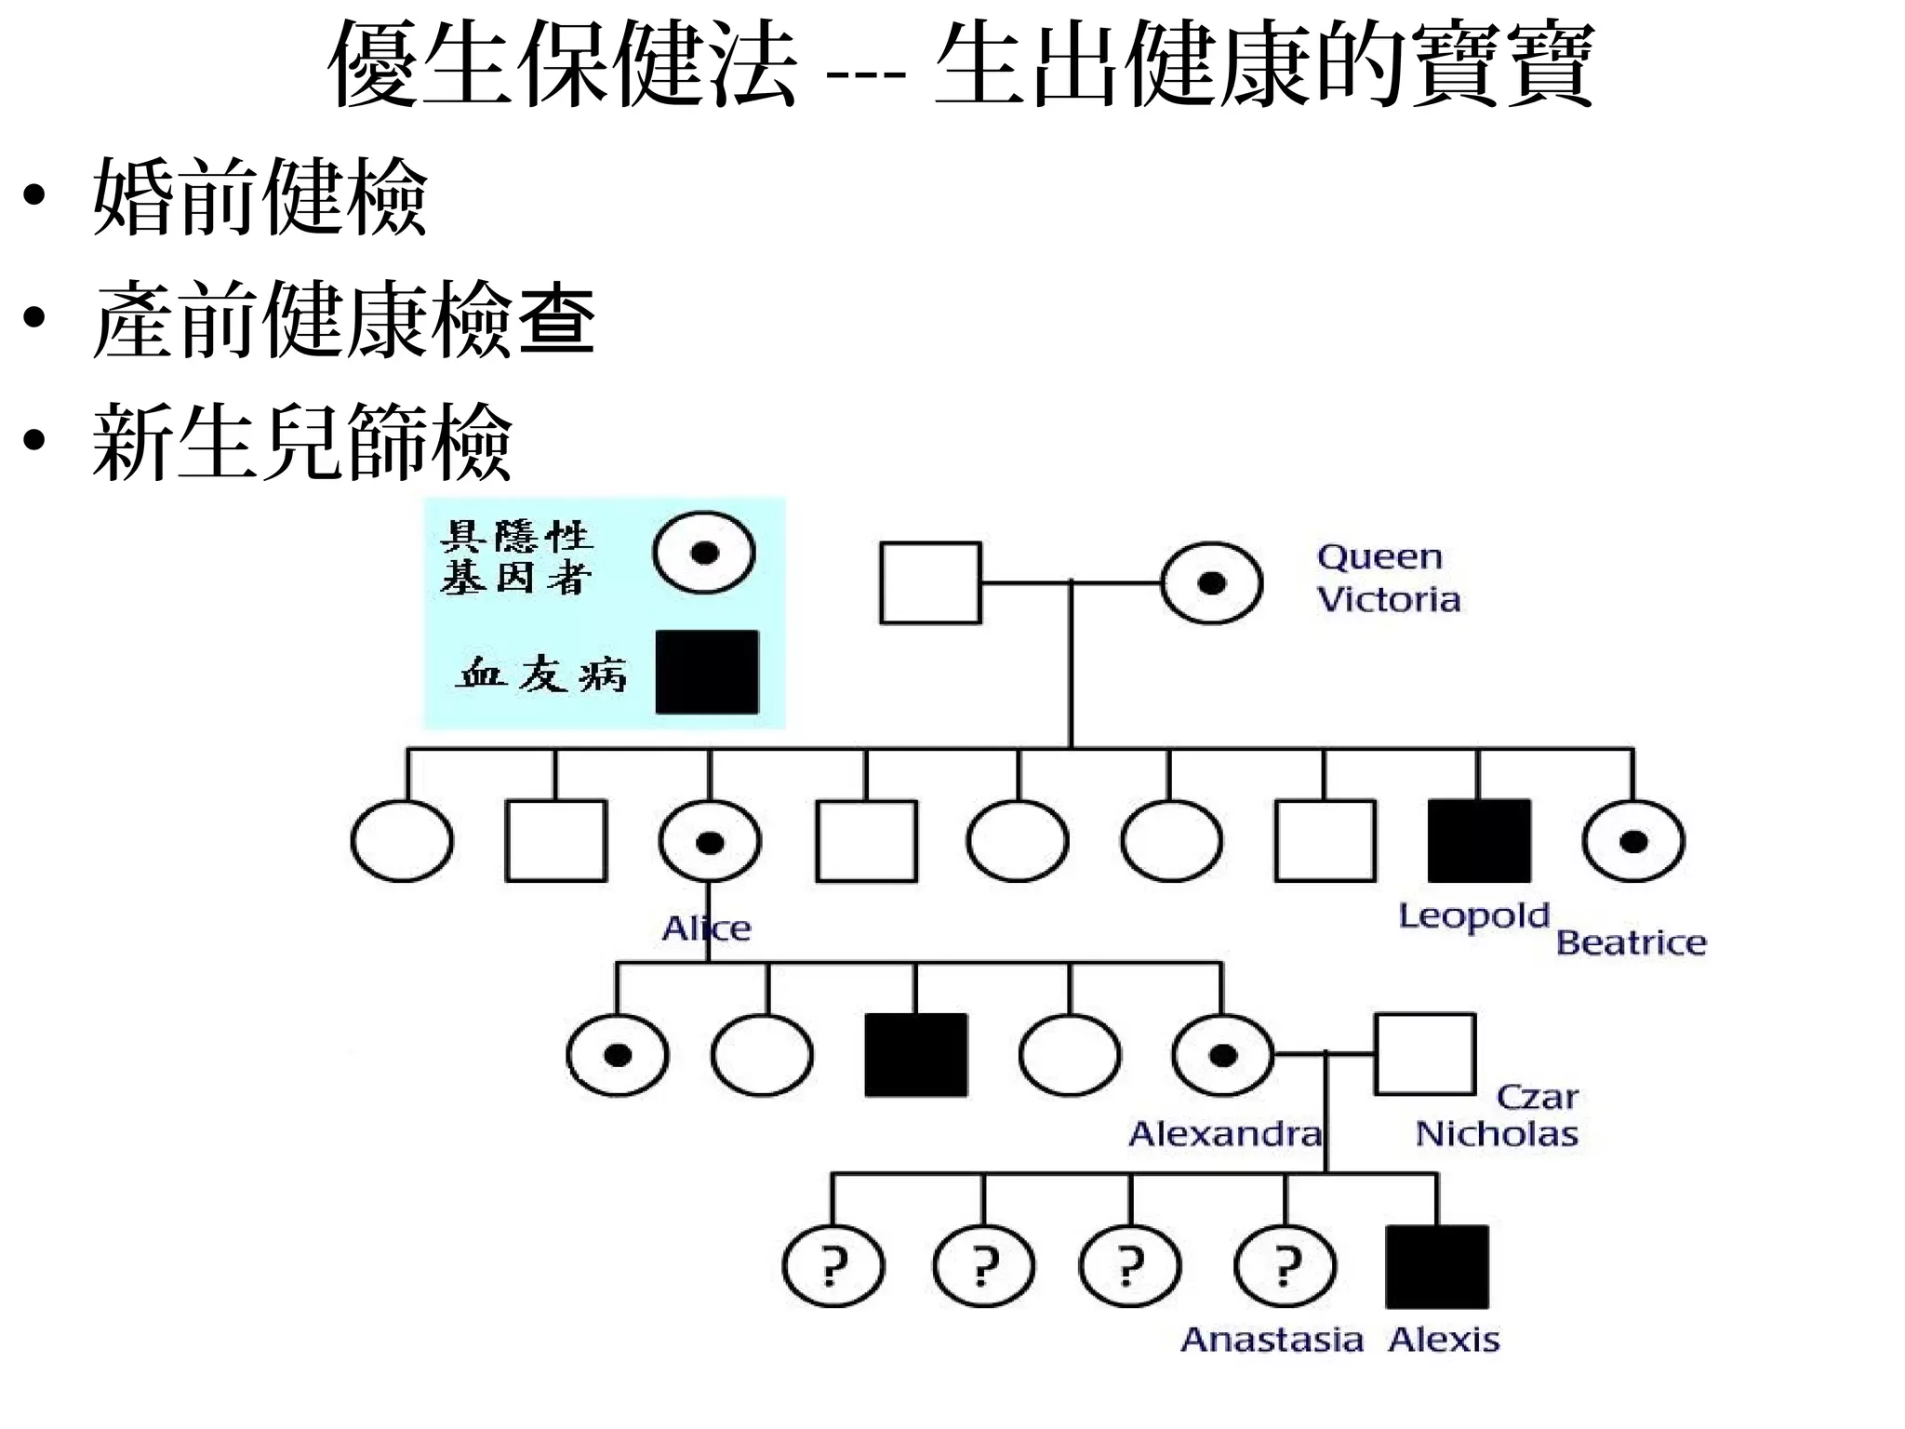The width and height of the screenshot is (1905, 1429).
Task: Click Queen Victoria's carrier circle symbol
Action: [x=1211, y=583]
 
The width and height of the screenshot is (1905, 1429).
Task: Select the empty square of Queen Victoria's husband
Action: [x=930, y=583]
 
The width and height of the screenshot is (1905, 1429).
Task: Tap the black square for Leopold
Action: [x=1478, y=840]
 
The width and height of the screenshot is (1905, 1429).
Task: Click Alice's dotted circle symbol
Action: [x=710, y=842]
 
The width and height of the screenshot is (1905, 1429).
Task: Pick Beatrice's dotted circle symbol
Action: [x=1632, y=842]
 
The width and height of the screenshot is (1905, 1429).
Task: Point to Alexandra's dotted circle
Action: [x=1222, y=1055]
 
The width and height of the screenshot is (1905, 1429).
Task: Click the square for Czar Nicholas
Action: [x=1424, y=1054]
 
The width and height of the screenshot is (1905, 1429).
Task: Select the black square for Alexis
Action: [x=1436, y=1267]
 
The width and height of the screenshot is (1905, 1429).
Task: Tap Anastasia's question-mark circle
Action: [x=1285, y=1267]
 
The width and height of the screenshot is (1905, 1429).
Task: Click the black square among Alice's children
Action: [x=916, y=1055]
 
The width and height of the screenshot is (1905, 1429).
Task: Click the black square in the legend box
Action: [x=707, y=672]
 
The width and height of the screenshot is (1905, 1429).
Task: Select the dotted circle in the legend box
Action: [x=703, y=553]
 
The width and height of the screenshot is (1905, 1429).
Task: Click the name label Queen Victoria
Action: [x=1387, y=578]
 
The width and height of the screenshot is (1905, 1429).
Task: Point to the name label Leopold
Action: [x=1473, y=916]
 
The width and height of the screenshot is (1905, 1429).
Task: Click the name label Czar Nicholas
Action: [x=1498, y=1115]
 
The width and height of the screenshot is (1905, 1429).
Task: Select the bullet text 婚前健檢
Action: [x=260, y=197]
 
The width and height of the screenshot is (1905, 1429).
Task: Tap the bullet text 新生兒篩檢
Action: [x=302, y=442]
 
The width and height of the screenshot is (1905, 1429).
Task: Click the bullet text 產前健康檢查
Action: [x=343, y=320]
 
